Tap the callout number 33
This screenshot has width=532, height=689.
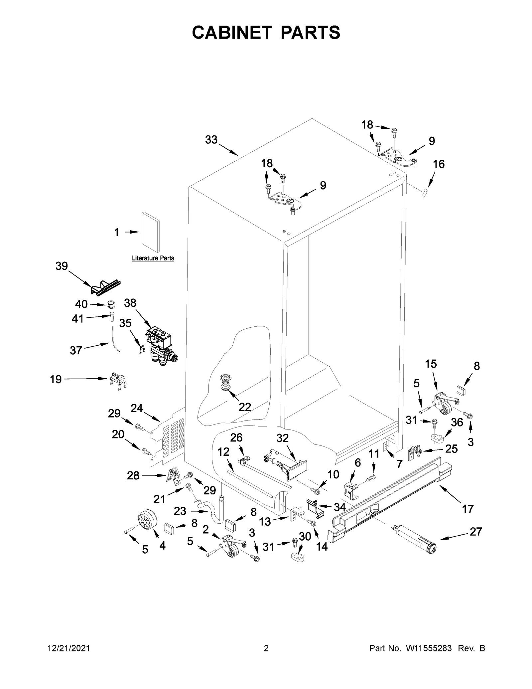pyautogui.click(x=211, y=140)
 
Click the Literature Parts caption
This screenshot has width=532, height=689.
pyautogui.click(x=153, y=258)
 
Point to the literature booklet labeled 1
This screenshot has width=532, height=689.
pyautogui.click(x=150, y=232)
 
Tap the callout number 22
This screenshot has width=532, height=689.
pyautogui.click(x=245, y=407)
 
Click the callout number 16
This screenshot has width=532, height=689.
pyautogui.click(x=439, y=164)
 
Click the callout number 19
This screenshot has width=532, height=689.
pyautogui.click(x=56, y=379)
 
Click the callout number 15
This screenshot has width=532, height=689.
pyautogui.click(x=431, y=364)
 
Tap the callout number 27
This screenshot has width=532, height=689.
pyautogui.click(x=475, y=532)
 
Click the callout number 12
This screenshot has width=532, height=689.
pyautogui.click(x=223, y=452)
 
